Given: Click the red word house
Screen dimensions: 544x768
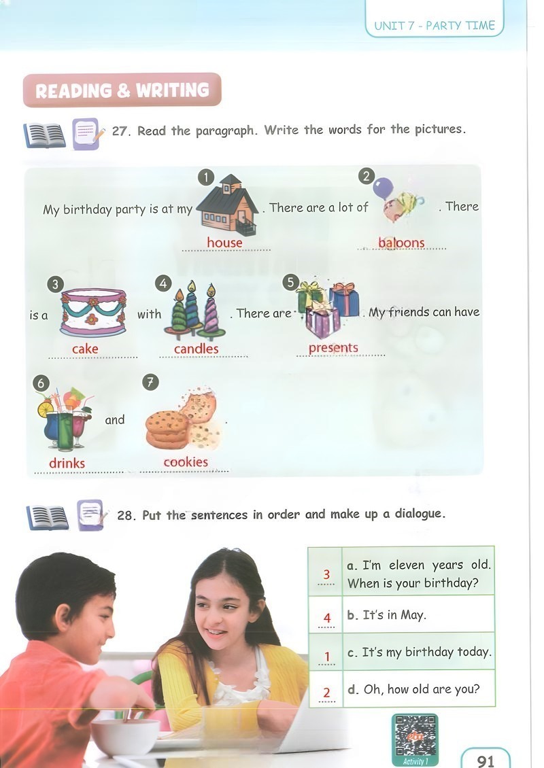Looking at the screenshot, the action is coord(224,243).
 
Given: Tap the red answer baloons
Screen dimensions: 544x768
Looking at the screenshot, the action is coord(401,243).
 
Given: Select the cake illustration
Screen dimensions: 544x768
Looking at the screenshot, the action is coord(93,312).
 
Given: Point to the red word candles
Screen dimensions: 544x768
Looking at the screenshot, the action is coord(196,349).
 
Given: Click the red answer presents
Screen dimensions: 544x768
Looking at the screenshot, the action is coord(333,348).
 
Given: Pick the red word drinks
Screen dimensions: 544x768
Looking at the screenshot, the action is coord(67,463).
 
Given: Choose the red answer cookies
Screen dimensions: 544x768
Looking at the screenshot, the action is coord(186,462).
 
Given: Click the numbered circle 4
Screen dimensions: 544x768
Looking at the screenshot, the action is coord(163,283).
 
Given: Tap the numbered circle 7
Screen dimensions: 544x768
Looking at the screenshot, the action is coord(150,382).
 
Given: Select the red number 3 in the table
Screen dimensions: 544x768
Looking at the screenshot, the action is coord(326,574).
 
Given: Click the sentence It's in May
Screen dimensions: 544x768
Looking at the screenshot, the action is coord(386,614).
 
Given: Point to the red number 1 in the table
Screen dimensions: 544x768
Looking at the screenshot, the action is coord(327,656).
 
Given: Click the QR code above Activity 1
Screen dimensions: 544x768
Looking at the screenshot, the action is coord(415,735).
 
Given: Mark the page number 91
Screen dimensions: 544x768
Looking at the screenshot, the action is coord(486,760).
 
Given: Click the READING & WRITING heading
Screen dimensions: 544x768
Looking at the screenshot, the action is coord(122,90).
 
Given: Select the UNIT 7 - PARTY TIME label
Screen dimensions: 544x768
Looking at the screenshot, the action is coord(435,25).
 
